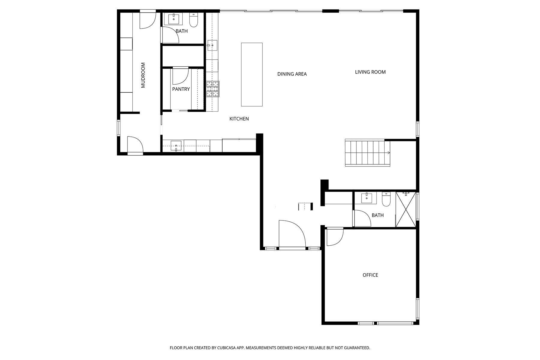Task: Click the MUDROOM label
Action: (x=143, y=75)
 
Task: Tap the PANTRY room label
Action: (x=181, y=89)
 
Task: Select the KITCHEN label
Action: (x=239, y=119)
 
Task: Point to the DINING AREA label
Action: (x=292, y=74)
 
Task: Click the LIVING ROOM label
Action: (x=370, y=72)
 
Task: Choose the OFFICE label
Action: (x=370, y=275)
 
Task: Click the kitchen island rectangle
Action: (x=252, y=74)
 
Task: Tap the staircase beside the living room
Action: (x=367, y=153)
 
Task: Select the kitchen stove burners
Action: (x=213, y=89)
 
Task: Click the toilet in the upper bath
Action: (x=193, y=20)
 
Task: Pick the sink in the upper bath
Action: (x=174, y=19)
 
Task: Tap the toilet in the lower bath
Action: (x=386, y=199)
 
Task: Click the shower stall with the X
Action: (x=406, y=209)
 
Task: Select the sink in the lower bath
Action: (x=366, y=198)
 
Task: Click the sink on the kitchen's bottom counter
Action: (x=176, y=145)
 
